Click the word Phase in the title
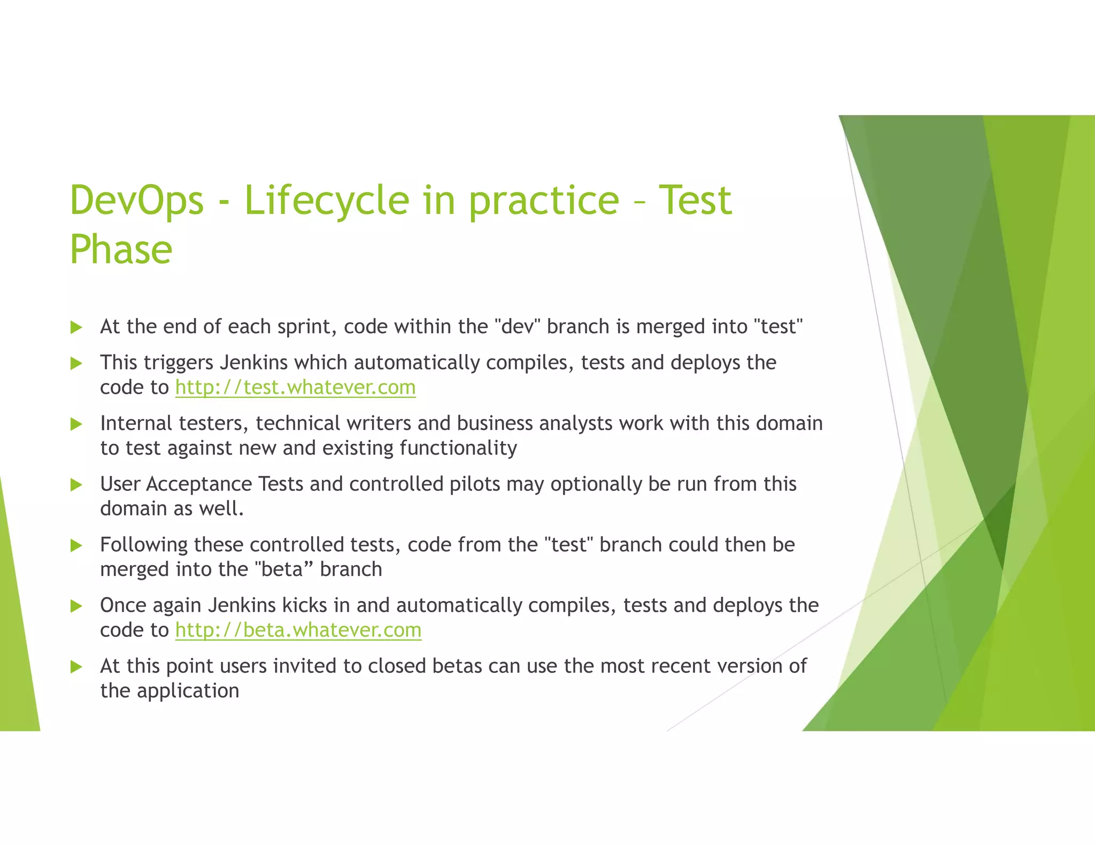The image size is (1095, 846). [121, 250]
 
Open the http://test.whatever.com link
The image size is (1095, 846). [295, 387]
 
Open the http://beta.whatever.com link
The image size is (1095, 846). [298, 630]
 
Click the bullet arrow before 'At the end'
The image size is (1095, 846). [76, 327]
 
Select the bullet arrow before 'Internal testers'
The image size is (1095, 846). [76, 424]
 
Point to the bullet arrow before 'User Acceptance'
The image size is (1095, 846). [76, 485]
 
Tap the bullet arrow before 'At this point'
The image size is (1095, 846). [76, 667]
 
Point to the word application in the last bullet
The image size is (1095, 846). [188, 691]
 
